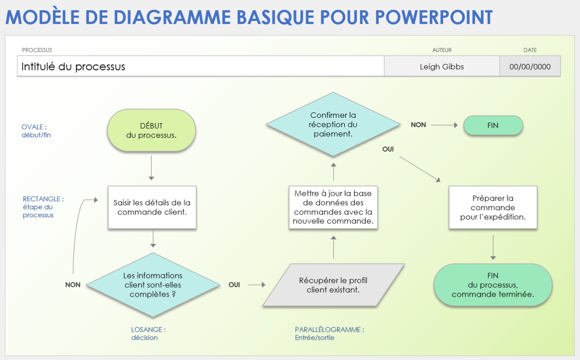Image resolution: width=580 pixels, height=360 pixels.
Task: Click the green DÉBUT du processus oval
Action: [x=151, y=130]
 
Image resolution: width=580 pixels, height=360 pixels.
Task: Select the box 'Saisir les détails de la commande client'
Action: [x=152, y=207]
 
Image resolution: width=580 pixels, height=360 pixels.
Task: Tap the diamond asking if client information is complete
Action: [x=153, y=285]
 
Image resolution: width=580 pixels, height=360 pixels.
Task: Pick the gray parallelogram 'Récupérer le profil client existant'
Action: [x=333, y=285]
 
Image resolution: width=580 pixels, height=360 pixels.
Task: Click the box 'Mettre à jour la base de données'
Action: [x=333, y=207]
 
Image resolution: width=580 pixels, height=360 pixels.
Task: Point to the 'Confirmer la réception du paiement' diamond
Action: [x=333, y=124]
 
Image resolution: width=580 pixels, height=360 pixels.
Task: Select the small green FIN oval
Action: [x=493, y=125]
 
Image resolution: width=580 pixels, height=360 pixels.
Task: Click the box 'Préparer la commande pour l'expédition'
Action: [x=493, y=207]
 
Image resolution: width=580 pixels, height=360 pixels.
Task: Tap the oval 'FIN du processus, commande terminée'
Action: [x=493, y=285]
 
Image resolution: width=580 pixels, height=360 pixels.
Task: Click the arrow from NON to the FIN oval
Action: [x=444, y=125]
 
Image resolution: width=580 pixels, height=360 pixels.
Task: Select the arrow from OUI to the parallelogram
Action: [x=257, y=285]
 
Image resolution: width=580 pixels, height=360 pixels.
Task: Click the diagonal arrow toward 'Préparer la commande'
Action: [x=419, y=169]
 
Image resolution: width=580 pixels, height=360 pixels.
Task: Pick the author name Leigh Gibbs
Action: [x=442, y=67]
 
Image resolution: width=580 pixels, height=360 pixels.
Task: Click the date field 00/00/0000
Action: [x=530, y=67]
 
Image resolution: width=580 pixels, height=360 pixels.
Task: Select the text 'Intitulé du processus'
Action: [x=74, y=67]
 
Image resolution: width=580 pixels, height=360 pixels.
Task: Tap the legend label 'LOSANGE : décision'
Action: [x=149, y=334]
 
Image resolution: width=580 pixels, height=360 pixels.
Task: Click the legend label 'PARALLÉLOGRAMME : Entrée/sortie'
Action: [x=329, y=334]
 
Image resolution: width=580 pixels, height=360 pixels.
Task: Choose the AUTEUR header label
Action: [x=442, y=50]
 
